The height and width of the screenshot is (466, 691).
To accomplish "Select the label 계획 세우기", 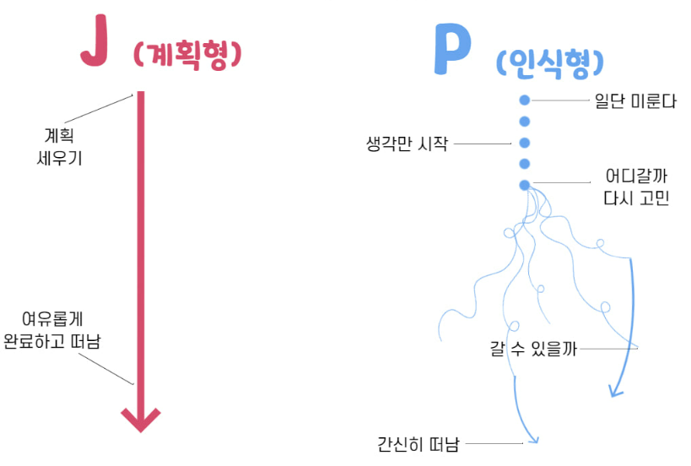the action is (59, 145).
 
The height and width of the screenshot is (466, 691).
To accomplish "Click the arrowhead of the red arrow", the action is (141, 418).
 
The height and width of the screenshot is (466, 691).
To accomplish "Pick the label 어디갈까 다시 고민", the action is (636, 188).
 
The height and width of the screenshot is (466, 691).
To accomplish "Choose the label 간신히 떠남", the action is (418, 443).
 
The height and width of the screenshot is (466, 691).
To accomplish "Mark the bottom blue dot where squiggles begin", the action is (524, 184).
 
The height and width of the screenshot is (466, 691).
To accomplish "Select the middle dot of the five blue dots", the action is (524, 142).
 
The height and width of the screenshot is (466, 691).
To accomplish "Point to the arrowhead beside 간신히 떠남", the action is (532, 437).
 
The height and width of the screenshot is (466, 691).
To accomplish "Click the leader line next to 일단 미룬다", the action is (561, 100).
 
